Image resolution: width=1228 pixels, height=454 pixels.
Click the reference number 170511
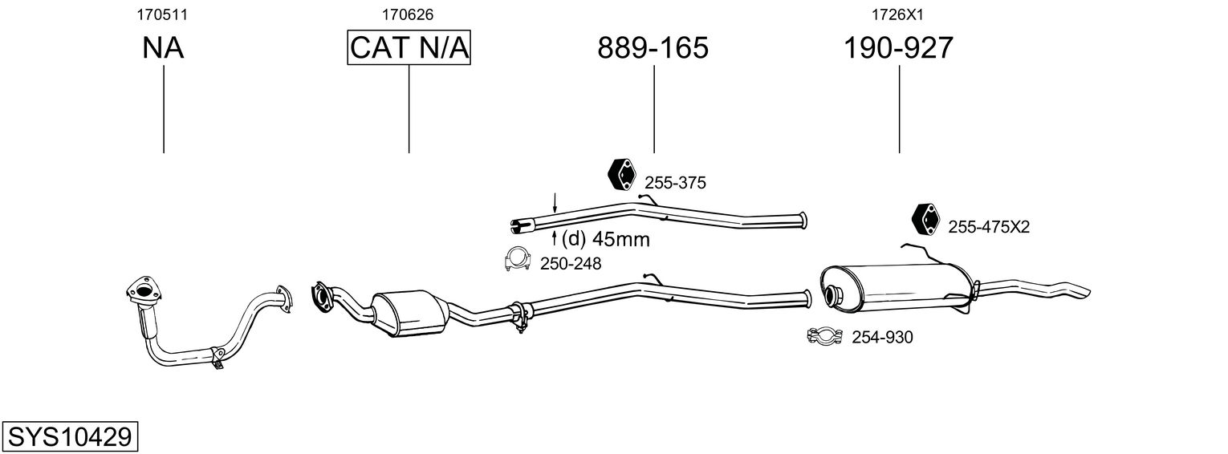(163, 14)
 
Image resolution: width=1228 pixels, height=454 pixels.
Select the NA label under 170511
(163, 49)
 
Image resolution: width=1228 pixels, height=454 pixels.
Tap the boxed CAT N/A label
(409, 49)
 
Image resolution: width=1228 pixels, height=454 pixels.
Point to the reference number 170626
(409, 14)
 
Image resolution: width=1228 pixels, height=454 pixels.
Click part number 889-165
(653, 49)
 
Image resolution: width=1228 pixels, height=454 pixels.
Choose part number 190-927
(898, 49)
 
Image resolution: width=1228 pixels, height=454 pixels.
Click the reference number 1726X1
(898, 14)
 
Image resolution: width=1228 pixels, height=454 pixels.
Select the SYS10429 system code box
(69, 437)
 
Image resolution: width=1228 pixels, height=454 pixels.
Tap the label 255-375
(675, 183)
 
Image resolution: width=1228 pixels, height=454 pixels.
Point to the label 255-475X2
(988, 228)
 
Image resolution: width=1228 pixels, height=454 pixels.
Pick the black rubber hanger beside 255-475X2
(926, 219)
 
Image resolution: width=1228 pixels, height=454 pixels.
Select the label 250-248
(570, 263)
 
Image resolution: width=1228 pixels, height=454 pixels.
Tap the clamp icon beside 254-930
(823, 336)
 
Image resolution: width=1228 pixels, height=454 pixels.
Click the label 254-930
(882, 338)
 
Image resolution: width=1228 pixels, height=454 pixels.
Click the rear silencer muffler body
(899, 288)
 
